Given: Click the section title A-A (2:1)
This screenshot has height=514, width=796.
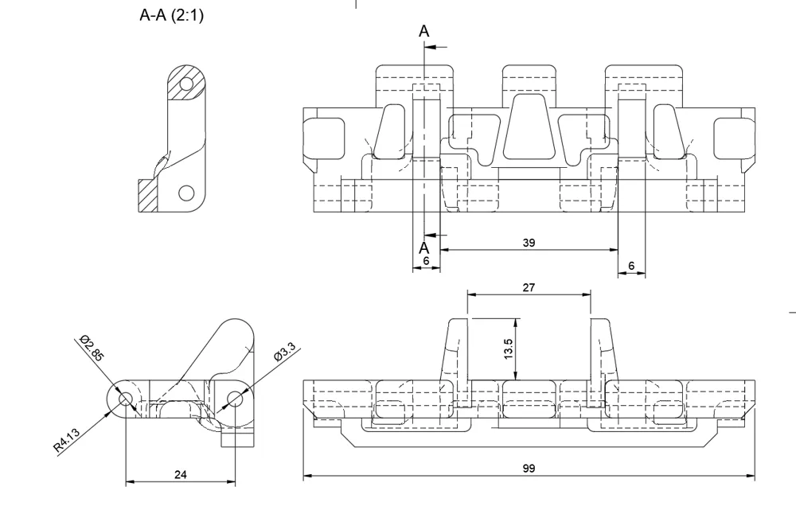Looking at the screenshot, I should (x=171, y=15).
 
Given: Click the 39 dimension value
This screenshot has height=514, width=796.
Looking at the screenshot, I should (x=529, y=243).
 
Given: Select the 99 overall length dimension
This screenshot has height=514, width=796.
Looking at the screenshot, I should (x=529, y=469).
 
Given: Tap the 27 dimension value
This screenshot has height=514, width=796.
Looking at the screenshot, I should (x=529, y=287).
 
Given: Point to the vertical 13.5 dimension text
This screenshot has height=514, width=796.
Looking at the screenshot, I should (x=509, y=349).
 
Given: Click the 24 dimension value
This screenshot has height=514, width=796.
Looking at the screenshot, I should (x=181, y=474).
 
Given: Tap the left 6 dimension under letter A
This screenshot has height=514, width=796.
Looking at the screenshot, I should (x=425, y=261).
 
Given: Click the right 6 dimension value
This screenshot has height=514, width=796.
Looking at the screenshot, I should (x=631, y=265).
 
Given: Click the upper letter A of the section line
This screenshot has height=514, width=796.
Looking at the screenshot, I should (x=424, y=32).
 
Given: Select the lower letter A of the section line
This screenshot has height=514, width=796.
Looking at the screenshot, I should (x=424, y=248).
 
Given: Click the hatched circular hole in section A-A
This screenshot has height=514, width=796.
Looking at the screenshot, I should (x=187, y=84).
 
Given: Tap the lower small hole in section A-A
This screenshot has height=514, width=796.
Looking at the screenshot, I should (x=186, y=192).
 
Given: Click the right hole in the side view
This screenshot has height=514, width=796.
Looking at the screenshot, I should (x=236, y=398).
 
